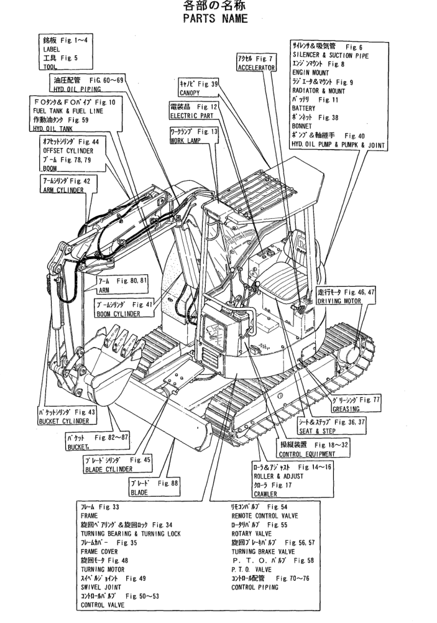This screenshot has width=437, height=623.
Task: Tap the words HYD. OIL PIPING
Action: coord(78,88)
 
